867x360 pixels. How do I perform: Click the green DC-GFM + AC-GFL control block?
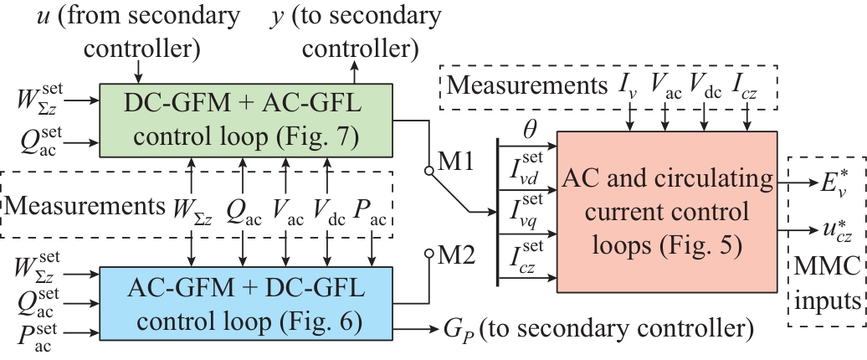[247, 119]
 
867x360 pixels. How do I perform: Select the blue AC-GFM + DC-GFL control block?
[247, 301]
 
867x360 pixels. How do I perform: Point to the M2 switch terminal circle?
[428, 255]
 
